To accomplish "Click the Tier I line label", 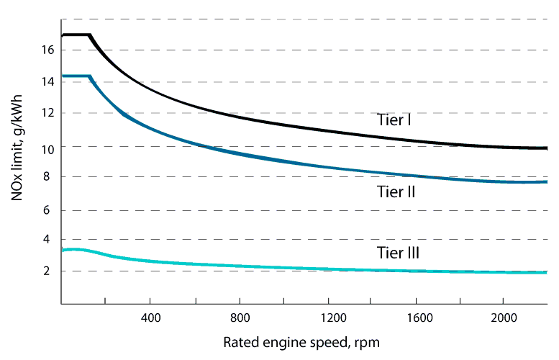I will (x=394, y=120).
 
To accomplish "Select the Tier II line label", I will (x=396, y=192).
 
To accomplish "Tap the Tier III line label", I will (x=398, y=253).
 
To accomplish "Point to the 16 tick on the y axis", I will (x=48, y=50).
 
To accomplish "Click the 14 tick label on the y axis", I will (x=48, y=82).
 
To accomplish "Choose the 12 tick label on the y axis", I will (x=48, y=114).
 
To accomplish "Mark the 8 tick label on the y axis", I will (x=51, y=177).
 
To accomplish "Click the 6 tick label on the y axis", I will (x=51, y=210).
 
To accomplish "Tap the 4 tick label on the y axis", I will (x=51, y=240).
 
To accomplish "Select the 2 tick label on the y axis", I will (x=51, y=271).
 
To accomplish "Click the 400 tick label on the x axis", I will (x=150, y=318).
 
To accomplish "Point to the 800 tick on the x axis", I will (x=240, y=318).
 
